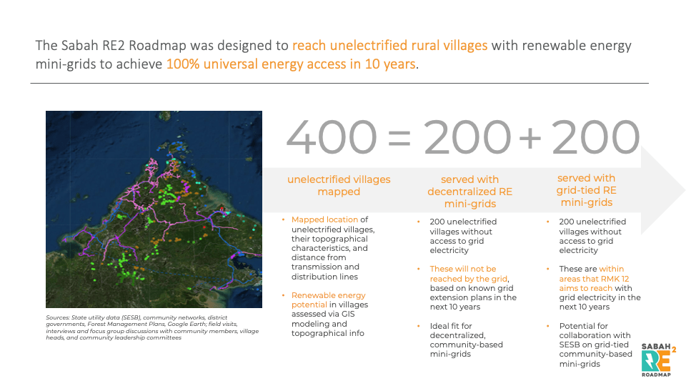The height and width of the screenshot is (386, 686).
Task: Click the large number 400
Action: pos(332,137)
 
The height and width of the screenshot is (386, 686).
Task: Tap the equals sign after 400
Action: pos(399,138)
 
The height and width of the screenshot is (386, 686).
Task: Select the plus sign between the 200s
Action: pos(530,138)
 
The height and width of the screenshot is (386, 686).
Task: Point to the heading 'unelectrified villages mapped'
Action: pos(339,186)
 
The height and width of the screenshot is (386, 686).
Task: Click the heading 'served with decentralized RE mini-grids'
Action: pos(470,192)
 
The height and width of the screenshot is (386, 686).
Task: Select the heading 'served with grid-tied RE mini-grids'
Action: pos(586,190)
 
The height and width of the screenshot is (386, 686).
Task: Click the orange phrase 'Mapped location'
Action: pos(324,219)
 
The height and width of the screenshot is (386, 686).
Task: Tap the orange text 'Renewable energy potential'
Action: pos(329,300)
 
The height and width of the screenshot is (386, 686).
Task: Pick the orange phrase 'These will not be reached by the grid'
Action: pos(468,274)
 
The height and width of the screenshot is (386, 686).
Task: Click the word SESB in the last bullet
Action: pos(570,345)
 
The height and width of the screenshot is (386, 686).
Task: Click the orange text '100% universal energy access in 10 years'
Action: pos(291,64)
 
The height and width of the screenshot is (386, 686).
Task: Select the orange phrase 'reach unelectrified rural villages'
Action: pos(390,46)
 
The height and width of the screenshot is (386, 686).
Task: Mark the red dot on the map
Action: pos(204,227)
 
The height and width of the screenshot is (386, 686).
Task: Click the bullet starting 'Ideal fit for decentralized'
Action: pos(467,340)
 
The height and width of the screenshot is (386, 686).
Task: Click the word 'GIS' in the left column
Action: pos(348,315)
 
